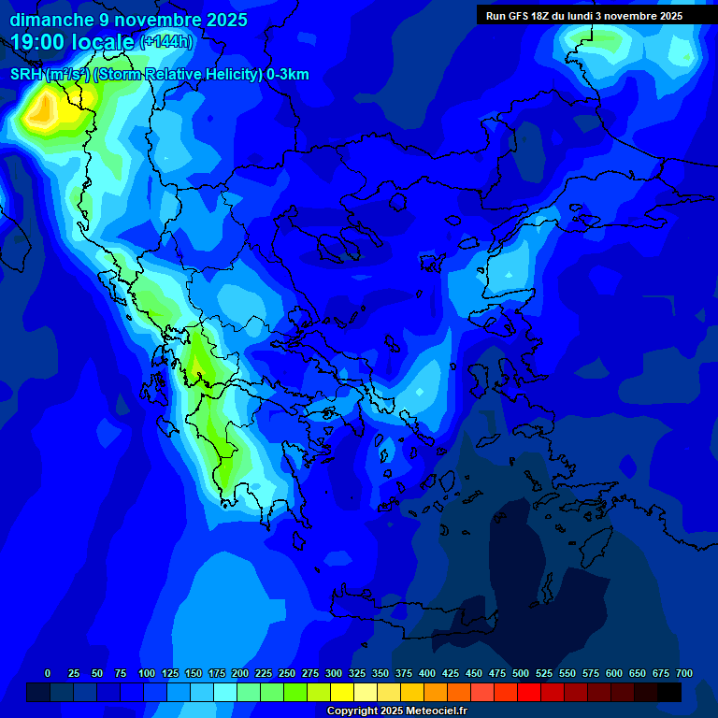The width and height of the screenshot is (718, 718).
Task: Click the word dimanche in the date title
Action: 51,20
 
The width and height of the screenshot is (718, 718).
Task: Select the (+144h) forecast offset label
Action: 166,42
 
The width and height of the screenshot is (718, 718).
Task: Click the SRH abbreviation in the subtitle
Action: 26,75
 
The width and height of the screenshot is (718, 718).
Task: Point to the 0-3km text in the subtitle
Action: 287,75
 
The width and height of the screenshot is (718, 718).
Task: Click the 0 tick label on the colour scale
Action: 48,673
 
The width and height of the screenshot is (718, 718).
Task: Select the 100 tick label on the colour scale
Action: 147,673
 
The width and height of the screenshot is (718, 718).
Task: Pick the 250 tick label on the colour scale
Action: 287,673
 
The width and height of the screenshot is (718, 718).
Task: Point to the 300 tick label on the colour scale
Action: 334,673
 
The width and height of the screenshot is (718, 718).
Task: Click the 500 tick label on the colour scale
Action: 521,673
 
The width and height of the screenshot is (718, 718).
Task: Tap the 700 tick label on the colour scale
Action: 684,673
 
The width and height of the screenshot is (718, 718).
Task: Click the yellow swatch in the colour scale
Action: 342,692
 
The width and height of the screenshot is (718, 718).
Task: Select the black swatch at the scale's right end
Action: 669,692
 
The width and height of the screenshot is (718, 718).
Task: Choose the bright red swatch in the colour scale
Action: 529,692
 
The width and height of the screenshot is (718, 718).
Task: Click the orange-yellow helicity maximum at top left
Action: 41,112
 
